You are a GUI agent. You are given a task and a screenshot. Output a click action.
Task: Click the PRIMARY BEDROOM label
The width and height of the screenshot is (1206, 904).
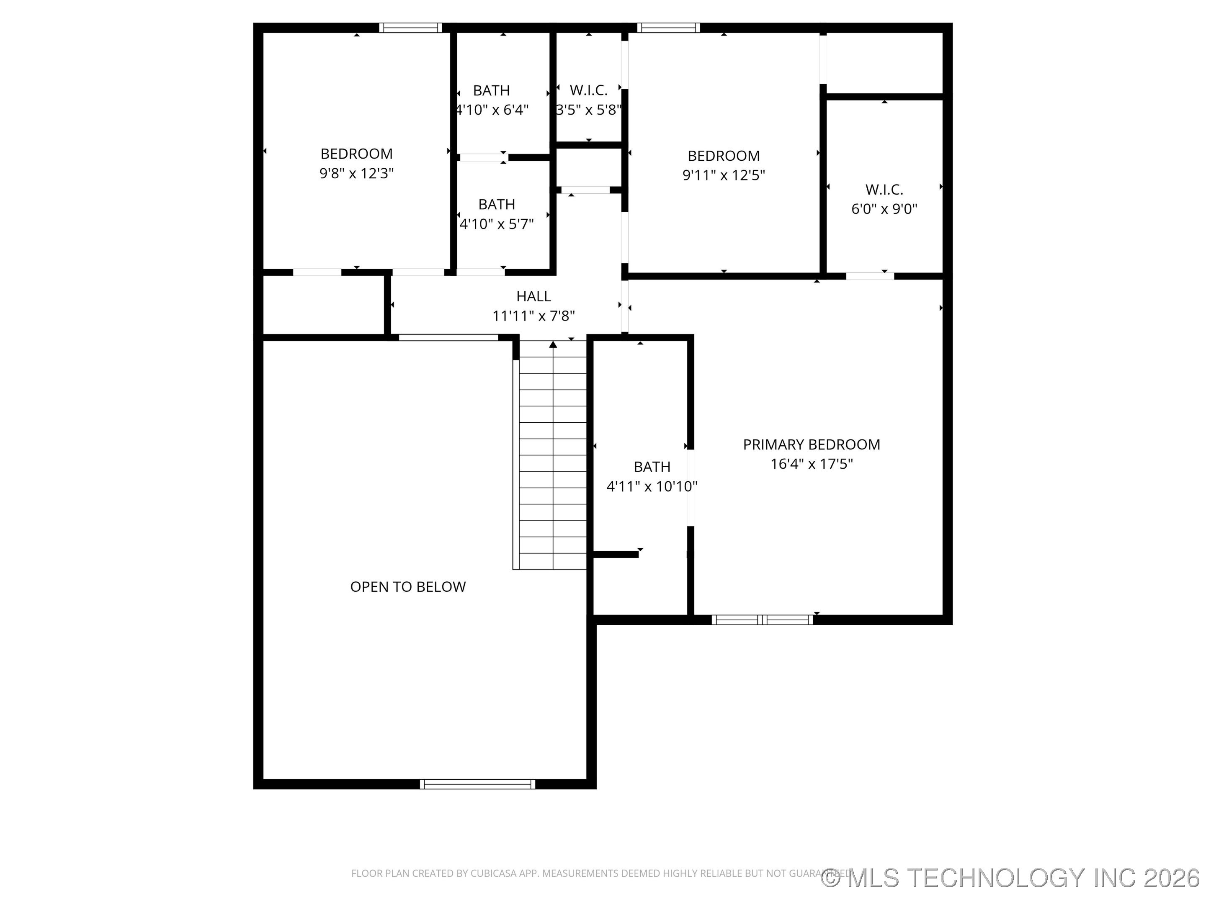[x=811, y=444]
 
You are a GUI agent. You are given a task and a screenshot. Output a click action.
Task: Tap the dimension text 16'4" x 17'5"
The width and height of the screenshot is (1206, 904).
[x=811, y=464]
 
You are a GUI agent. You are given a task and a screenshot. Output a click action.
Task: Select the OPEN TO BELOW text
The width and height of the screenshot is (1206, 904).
[x=408, y=587]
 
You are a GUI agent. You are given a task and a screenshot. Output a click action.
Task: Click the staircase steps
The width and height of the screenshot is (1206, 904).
[x=552, y=463]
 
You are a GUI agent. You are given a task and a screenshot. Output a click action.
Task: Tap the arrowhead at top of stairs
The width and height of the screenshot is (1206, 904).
[x=553, y=344]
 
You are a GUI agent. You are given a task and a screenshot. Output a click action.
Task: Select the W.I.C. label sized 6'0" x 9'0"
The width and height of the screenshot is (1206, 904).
[x=884, y=190]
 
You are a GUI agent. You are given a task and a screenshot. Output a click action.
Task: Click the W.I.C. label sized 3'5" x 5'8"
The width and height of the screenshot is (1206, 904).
[x=588, y=90]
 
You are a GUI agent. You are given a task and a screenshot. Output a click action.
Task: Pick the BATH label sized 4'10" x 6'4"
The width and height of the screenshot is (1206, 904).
[x=491, y=90]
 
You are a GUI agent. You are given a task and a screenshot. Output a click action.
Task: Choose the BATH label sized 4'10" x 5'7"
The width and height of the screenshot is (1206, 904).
[x=496, y=204]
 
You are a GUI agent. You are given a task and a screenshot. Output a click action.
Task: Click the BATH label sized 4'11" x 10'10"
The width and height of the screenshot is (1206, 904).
[x=652, y=467]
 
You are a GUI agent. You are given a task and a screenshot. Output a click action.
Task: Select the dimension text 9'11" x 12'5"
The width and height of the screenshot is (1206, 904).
[x=724, y=175]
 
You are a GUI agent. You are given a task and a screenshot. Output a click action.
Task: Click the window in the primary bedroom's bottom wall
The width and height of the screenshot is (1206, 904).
[x=762, y=619]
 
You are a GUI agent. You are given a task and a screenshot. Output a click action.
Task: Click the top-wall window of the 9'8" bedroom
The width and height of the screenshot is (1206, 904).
[x=410, y=28]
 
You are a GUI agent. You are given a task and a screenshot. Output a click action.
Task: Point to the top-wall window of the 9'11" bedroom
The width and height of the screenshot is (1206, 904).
[x=668, y=28]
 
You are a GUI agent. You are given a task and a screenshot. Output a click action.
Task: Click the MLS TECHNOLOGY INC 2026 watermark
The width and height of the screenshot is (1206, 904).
[x=1011, y=878]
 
